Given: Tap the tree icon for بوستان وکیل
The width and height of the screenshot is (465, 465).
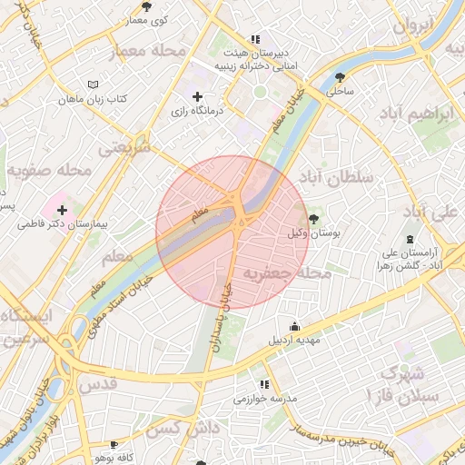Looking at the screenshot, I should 314,219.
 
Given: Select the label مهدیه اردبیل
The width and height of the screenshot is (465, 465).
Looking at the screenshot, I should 293,341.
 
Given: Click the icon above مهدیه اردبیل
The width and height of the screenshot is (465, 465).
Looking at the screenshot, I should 293,327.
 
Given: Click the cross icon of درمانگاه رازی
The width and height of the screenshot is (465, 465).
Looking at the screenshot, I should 197,96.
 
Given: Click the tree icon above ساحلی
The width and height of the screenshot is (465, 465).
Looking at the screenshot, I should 341,77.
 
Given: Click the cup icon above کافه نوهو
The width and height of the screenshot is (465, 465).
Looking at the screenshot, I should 113,445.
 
